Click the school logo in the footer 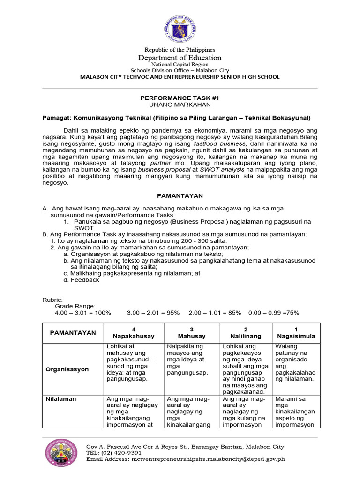61,456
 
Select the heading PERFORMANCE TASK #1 180,97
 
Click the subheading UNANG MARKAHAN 180,105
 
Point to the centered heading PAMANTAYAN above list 180,195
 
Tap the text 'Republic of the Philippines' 180,50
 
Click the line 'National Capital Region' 180,64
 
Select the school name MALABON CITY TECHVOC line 180,77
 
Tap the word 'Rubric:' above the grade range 52,299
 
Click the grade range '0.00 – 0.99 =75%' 273,313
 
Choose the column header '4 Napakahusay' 133,333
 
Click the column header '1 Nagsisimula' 296,333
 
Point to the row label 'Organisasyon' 67,369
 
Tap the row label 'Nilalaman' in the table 61,399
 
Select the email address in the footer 211,459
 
